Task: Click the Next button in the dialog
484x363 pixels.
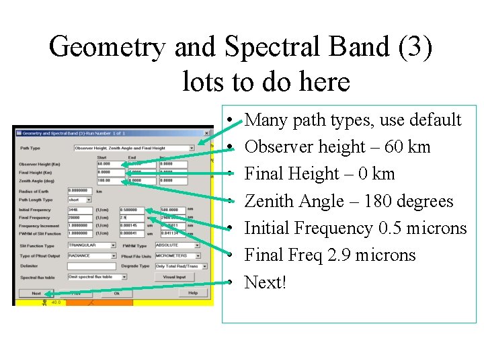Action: click(x=36, y=293)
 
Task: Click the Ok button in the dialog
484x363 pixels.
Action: click(x=116, y=293)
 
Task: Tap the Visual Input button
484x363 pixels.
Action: click(x=174, y=276)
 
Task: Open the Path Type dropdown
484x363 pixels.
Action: click(x=134, y=148)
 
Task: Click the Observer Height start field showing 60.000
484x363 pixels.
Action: click(x=110, y=164)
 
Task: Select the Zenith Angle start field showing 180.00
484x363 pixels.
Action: click(x=110, y=180)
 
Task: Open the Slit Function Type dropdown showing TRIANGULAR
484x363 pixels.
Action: click(x=92, y=245)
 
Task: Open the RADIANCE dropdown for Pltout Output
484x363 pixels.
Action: click(x=92, y=256)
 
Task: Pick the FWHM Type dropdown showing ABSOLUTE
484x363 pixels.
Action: click(x=177, y=245)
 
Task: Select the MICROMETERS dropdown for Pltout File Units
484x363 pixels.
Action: click(x=177, y=256)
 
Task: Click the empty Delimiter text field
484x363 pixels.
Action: click(x=92, y=266)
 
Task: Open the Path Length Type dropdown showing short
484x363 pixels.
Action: click(x=81, y=200)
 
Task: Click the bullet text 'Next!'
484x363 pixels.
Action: click(x=266, y=282)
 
